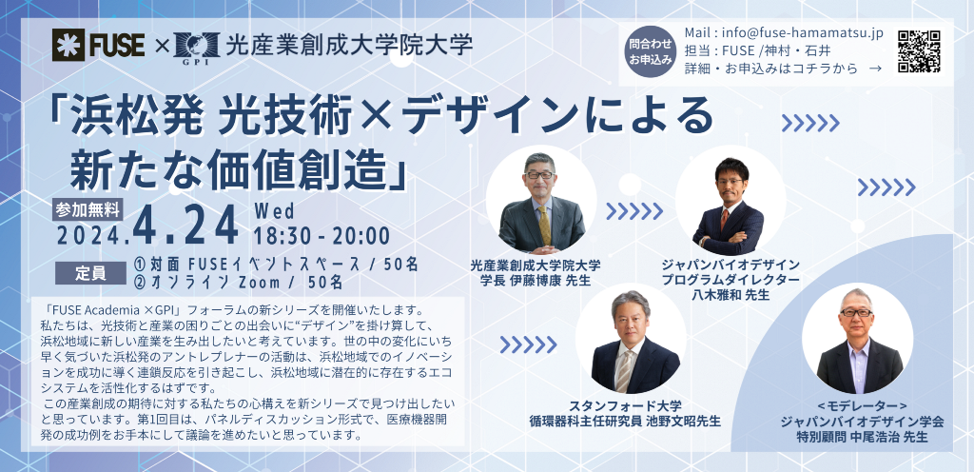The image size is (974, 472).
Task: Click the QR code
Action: tap(920, 51)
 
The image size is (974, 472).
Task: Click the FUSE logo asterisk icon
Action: tap(68, 45)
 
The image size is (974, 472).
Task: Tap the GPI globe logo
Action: tap(197, 46)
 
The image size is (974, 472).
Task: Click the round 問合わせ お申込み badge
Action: tap(648, 51)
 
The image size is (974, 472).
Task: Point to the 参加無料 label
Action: tap(88, 210)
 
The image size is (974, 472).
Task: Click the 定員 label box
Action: tap(90, 273)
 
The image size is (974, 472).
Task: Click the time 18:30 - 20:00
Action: tap(321, 236)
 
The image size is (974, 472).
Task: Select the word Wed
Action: tap(274, 211)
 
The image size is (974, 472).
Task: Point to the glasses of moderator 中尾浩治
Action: tap(856, 312)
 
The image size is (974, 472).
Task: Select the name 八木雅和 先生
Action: tap(730, 294)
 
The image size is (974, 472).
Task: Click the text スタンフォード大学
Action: tap(626, 405)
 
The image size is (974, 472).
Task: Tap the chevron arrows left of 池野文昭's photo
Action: tap(528, 344)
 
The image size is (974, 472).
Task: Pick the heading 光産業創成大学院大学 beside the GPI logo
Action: tap(349, 46)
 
